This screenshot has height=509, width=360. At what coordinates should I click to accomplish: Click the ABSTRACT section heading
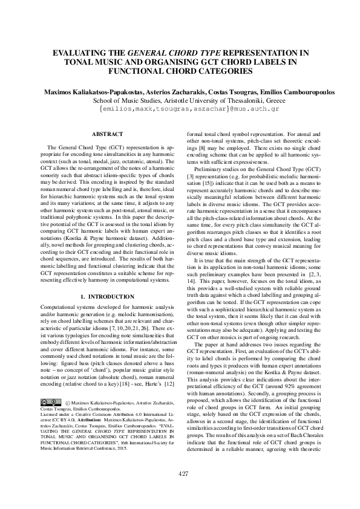point(106,134)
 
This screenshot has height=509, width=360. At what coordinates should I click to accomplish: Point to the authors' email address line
point(180,110)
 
